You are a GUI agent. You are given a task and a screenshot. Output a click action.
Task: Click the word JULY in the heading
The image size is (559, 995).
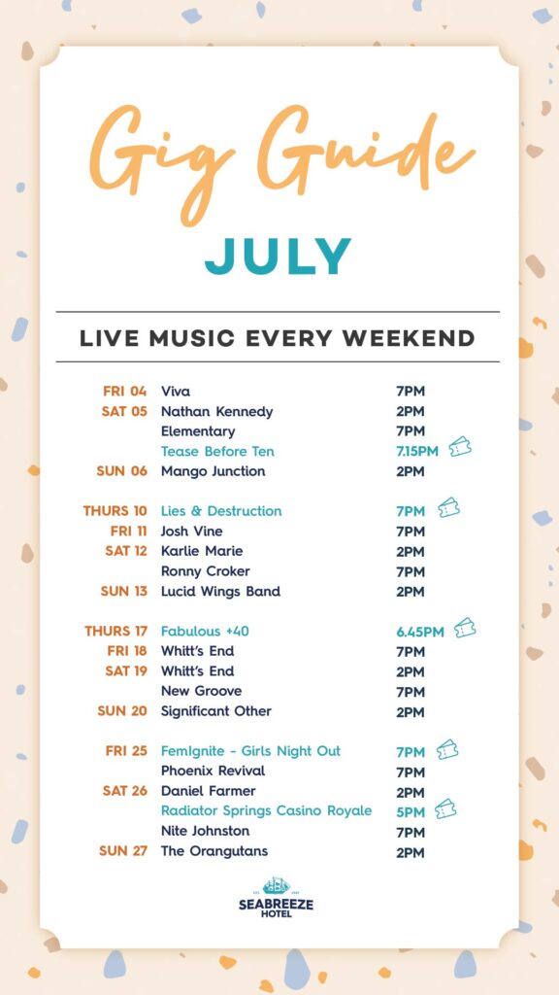278,257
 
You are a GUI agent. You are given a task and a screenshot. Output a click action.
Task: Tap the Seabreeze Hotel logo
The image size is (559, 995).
277,897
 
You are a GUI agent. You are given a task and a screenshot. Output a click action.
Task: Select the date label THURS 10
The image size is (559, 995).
115,511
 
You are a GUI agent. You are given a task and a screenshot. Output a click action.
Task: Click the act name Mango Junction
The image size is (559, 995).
213,471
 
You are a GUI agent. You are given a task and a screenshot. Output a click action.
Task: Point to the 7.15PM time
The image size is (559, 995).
417,451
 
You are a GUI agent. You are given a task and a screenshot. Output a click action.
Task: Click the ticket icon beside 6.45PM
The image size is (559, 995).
465,628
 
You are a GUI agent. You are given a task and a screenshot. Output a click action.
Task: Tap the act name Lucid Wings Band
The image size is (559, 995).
220,592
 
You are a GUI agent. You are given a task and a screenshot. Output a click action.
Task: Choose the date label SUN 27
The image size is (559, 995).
123,851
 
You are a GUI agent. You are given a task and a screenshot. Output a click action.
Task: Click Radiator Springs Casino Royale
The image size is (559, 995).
266,811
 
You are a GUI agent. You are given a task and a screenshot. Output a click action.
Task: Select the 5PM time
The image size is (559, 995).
411,811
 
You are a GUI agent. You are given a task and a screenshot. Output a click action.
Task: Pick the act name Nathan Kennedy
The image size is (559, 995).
216,412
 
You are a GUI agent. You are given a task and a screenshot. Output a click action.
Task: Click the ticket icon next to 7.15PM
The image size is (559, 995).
460,447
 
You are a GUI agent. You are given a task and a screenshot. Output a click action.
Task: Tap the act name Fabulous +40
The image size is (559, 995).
200,632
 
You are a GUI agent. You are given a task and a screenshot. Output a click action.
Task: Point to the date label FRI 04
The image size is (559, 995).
125,392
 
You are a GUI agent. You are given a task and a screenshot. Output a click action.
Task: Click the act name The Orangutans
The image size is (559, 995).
214,851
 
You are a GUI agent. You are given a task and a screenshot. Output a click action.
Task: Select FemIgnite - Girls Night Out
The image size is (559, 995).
250,751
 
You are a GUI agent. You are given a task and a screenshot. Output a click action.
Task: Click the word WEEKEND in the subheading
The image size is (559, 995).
409,338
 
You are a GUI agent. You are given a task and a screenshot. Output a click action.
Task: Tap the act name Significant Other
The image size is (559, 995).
216,711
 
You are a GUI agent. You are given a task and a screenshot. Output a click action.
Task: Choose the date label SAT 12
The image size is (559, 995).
126,551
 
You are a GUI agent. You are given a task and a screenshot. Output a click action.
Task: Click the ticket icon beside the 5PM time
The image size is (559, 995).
445,808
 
